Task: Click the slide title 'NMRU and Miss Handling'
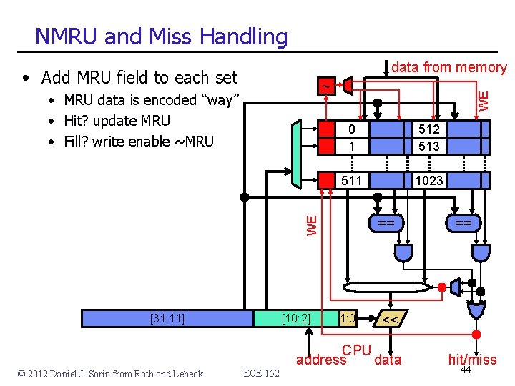pyautogui.click(x=161, y=36)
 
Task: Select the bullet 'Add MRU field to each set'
pyautogui.click(x=139, y=77)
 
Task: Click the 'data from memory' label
pyautogui.click(x=449, y=68)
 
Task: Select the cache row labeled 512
pyautogui.click(x=429, y=130)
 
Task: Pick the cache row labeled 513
pyautogui.click(x=429, y=146)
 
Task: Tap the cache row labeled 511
pyautogui.click(x=351, y=181)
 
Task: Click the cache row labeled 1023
pyautogui.click(x=429, y=181)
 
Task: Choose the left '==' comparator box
pyautogui.click(x=386, y=224)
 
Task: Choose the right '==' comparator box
pyautogui.click(x=463, y=224)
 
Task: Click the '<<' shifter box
pyautogui.click(x=390, y=319)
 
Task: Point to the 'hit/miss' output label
pyautogui.click(x=472, y=360)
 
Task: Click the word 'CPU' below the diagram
pyautogui.click(x=356, y=350)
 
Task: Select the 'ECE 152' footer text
pyautogui.click(x=261, y=373)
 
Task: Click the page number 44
pyautogui.click(x=466, y=370)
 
